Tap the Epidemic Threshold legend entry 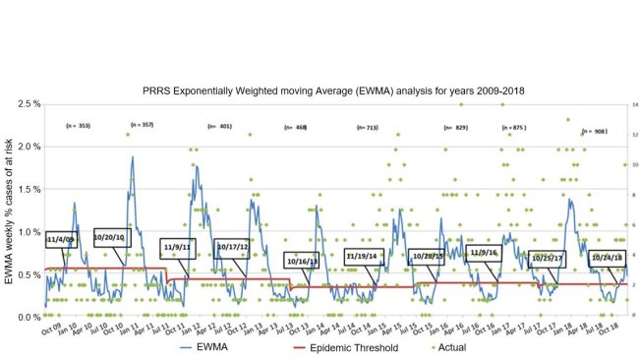pyautogui.click(x=339, y=347)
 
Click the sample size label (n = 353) pyautogui.click(x=78, y=126)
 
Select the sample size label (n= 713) pyautogui.click(x=367, y=128)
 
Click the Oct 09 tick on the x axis pyautogui.click(x=54, y=327)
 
